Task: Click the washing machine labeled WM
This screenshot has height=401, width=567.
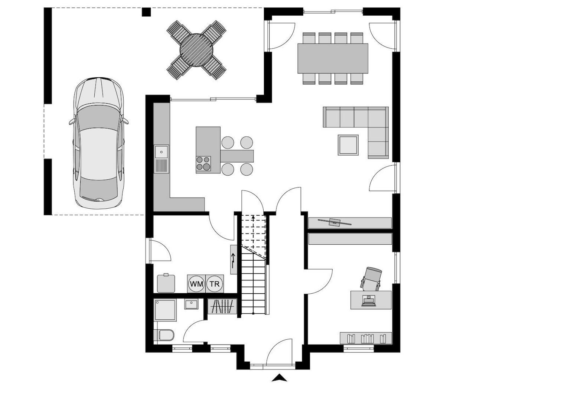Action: pyautogui.click(x=196, y=284)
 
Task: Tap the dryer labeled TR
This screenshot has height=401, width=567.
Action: pyautogui.click(x=215, y=284)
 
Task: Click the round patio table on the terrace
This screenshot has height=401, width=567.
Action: pyautogui.click(x=196, y=50)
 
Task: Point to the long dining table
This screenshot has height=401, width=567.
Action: pyautogui.click(x=333, y=58)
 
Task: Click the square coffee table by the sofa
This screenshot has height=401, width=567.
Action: pyautogui.click(x=348, y=145)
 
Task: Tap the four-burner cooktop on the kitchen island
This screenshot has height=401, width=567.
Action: pyautogui.click(x=203, y=163)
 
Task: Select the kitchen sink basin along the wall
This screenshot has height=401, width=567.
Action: pyautogui.click(x=161, y=151)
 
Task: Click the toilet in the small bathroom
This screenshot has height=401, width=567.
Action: pyautogui.click(x=164, y=335)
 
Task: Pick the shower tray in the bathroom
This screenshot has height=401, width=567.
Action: pyautogui.click(x=165, y=310)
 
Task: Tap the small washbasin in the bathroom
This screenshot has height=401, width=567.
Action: pyautogui.click(x=191, y=304)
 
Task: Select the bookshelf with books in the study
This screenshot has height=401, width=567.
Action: pyautogui.click(x=366, y=338)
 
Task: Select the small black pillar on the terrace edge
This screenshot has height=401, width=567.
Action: pyautogui.click(x=146, y=12)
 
